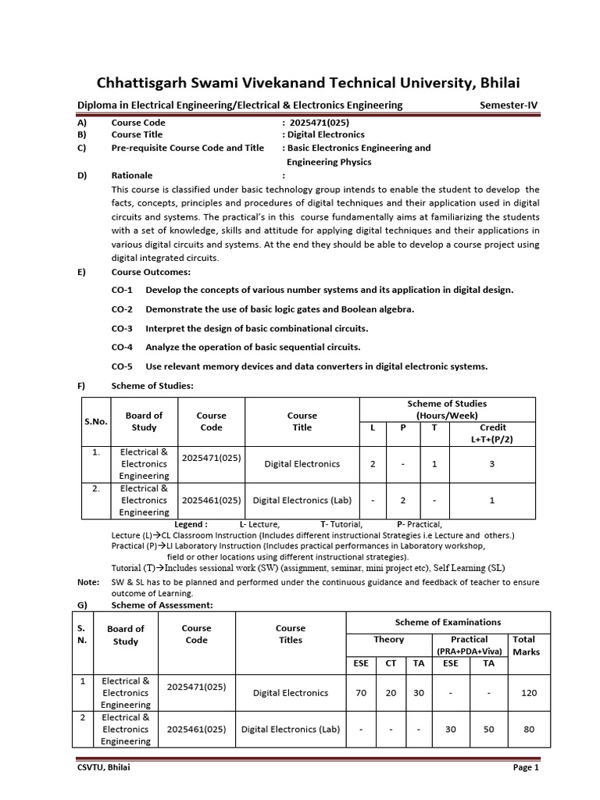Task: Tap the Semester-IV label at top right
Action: coord(509,105)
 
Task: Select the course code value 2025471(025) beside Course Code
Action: coord(319,123)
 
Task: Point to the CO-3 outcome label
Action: coord(122,328)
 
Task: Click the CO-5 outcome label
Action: coord(122,366)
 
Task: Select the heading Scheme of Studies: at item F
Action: coord(152,385)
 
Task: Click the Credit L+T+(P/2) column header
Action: coord(491,434)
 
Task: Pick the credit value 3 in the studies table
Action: coord(491,464)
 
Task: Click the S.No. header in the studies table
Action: coord(95,421)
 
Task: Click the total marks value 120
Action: coord(529,693)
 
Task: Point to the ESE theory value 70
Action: coord(360,693)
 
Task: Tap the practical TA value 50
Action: coord(488,729)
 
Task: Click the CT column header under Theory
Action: coord(391,663)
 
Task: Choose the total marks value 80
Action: coord(529,729)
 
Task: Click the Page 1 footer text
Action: coord(526,767)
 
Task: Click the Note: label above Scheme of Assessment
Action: coord(88,582)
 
